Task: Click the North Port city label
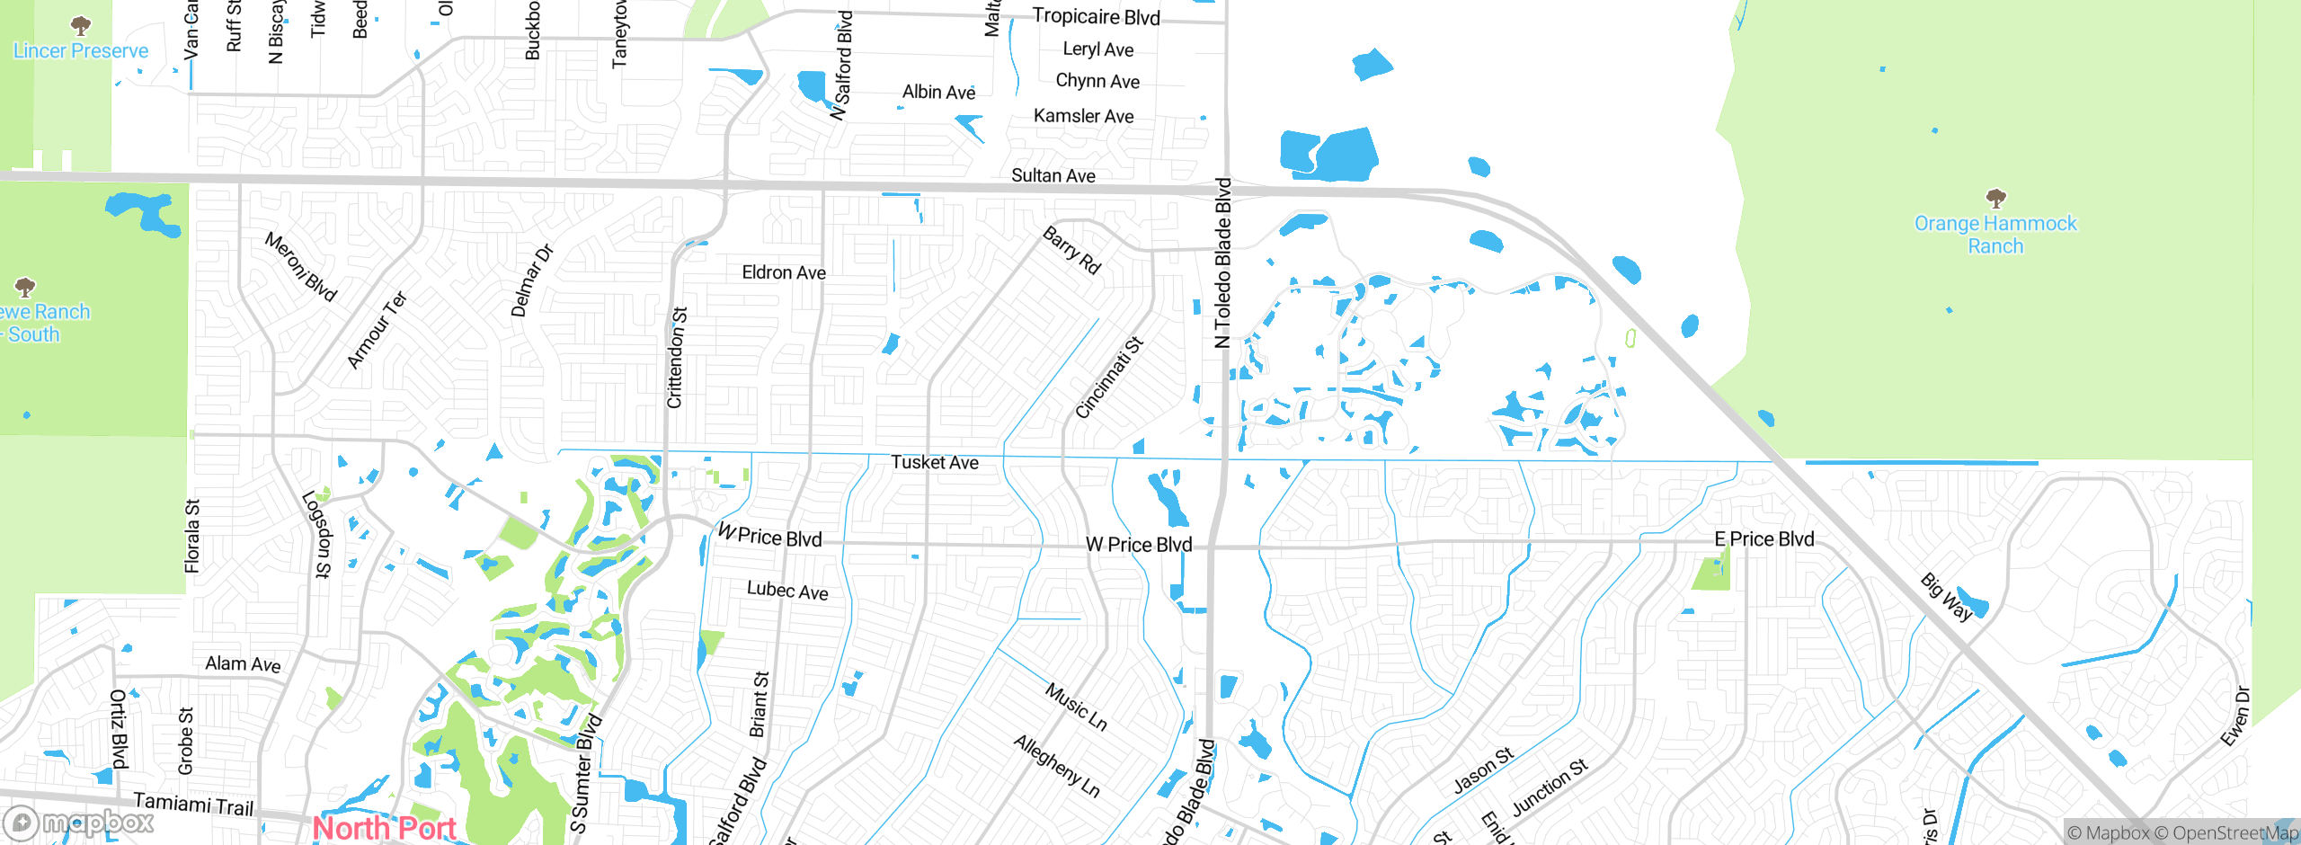385,827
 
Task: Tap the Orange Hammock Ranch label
1995,235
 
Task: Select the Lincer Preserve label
81,51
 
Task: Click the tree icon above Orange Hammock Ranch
1995,198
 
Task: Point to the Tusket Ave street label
935,462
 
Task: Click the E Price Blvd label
1764,539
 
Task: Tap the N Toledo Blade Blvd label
1222,262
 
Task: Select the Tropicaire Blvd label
1096,17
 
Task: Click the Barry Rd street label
1071,250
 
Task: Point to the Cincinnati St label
1109,378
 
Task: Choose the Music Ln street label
1076,707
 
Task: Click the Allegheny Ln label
1057,766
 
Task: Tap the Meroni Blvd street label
300,267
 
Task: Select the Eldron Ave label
784,272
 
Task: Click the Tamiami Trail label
193,803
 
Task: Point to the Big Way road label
1947,597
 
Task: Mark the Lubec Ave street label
787,591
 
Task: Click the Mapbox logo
79,823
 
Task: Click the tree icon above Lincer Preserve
81,25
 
